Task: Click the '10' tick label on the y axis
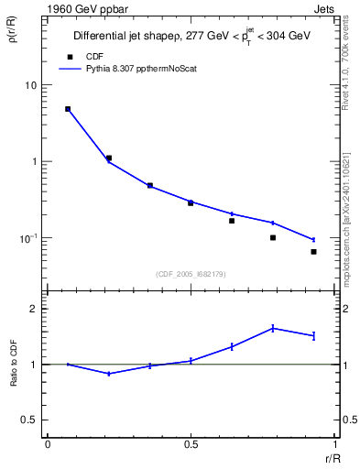[31, 85]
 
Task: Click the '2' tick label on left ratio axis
[35, 309]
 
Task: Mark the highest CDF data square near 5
[68, 109]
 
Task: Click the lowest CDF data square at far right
[313, 252]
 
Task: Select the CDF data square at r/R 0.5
[191, 203]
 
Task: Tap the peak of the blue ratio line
[273, 328]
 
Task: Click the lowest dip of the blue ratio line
[109, 374]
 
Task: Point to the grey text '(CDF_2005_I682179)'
[191, 272]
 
